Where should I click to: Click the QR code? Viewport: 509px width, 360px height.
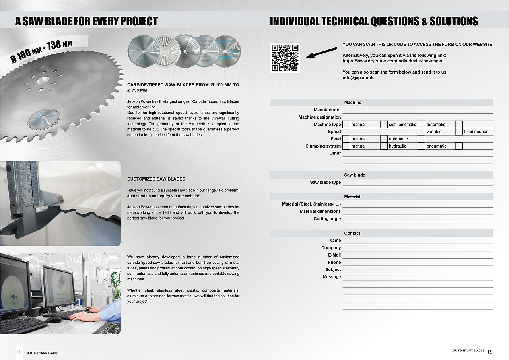click(x=285, y=58)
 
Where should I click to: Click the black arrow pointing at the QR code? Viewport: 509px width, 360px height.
click(x=322, y=52)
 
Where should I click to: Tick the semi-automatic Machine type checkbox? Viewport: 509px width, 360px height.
click(x=384, y=125)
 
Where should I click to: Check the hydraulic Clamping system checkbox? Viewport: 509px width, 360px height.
click(x=384, y=146)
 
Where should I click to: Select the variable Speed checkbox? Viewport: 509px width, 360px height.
click(x=421, y=132)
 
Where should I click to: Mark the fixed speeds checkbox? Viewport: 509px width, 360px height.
click(x=458, y=132)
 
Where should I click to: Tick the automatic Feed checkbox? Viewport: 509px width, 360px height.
click(x=384, y=139)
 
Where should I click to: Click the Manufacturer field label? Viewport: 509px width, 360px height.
click(x=327, y=110)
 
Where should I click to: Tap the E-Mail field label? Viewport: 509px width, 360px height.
click(x=334, y=255)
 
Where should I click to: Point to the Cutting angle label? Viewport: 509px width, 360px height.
click(x=327, y=218)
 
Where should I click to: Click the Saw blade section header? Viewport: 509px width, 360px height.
click(x=354, y=175)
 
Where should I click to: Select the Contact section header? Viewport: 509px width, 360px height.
click(x=352, y=233)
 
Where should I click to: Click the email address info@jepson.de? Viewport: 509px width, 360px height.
click(x=358, y=78)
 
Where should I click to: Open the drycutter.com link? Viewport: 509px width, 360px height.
click(x=393, y=61)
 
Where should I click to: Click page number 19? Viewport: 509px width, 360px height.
click(x=490, y=352)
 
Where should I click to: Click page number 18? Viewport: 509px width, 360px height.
click(x=19, y=352)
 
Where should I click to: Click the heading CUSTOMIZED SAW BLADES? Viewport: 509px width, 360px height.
click(x=156, y=179)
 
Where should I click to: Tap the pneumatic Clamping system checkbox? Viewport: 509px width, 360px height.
click(x=421, y=146)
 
